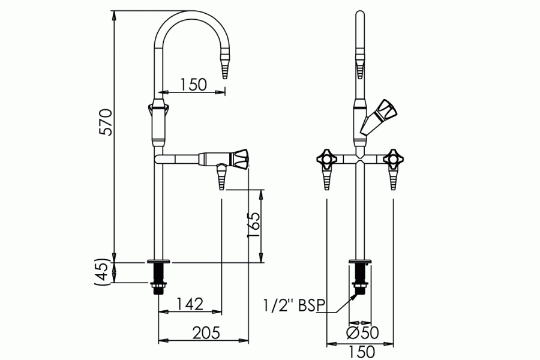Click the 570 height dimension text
106,122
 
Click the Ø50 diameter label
361,332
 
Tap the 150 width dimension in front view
361,351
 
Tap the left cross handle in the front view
326,160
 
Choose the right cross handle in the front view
394,160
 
